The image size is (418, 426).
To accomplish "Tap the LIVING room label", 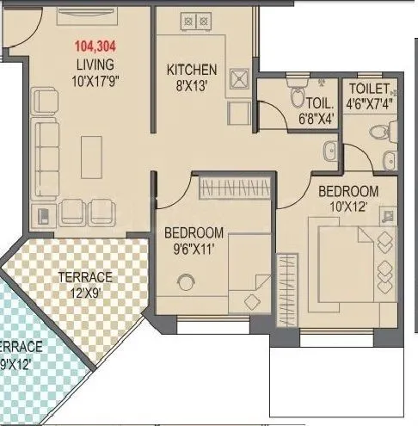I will point(94,65).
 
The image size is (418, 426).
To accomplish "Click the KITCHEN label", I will point(192,70).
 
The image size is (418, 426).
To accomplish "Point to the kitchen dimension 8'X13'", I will point(192,84).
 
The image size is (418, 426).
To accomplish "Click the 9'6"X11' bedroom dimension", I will point(194,249).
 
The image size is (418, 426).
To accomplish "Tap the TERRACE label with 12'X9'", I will point(85,278).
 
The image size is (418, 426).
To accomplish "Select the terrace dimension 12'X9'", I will point(85,293).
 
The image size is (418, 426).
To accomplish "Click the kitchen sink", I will point(240,81).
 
